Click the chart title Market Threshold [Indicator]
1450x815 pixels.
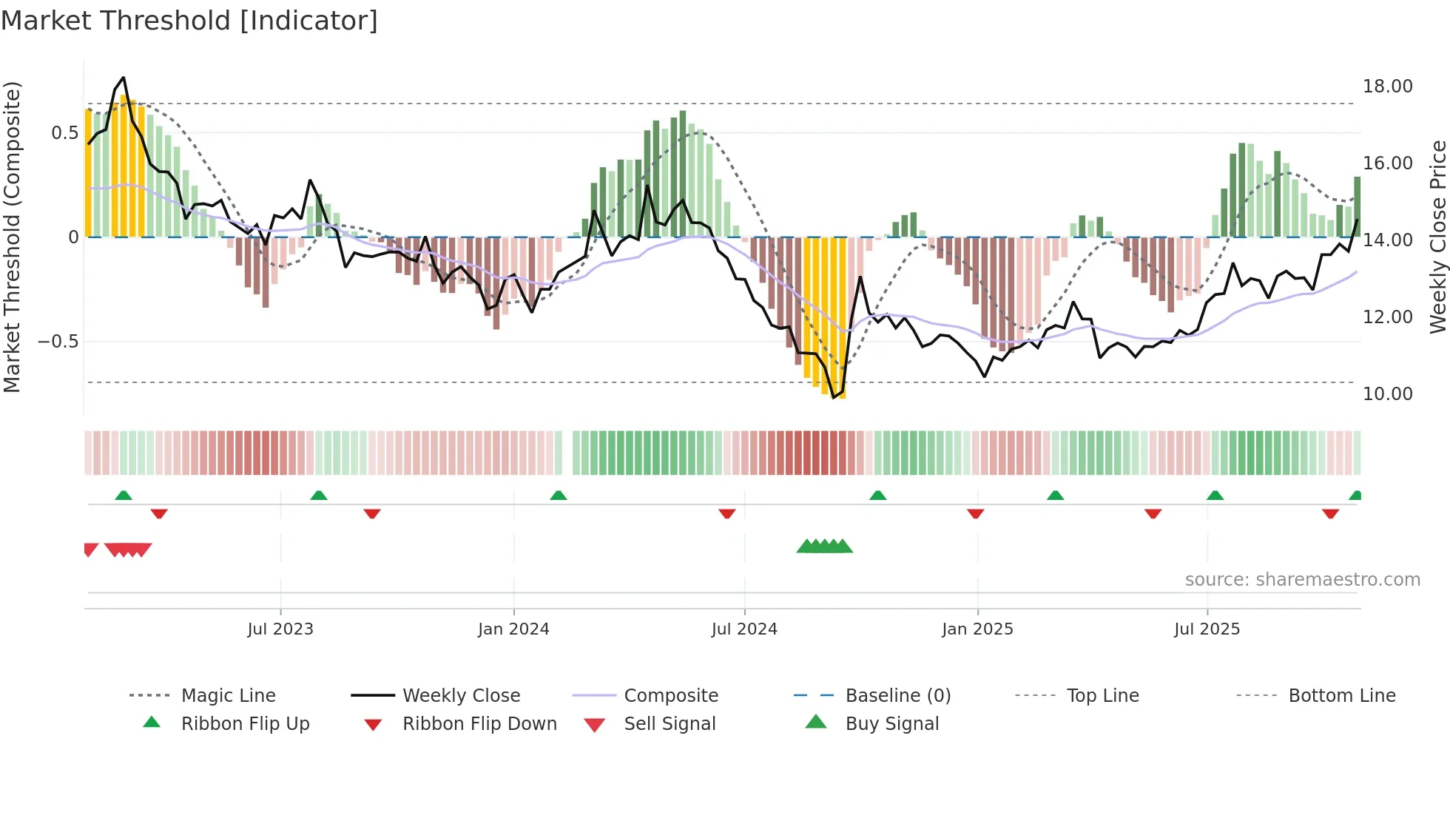pos(189,21)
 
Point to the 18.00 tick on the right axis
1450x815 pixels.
pos(1387,87)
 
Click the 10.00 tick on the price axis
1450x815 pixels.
pos(1387,394)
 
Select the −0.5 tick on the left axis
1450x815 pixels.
pos(58,342)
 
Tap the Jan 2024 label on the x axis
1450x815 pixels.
pos(513,629)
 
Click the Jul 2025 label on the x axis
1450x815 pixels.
pos(1207,629)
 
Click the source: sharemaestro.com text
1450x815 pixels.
pos(1302,580)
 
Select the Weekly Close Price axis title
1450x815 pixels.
pos(1437,237)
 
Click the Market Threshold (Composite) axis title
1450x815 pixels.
pos(12,237)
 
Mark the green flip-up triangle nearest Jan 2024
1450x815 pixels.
pos(559,496)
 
